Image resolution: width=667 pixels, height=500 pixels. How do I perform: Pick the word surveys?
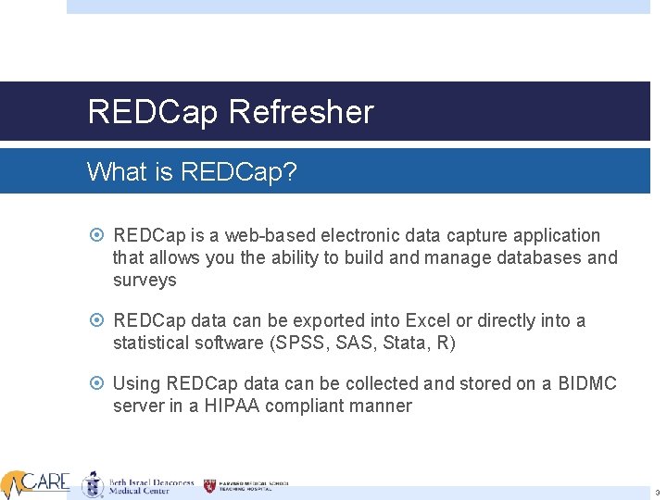point(145,280)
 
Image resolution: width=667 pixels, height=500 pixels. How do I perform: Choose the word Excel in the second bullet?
point(426,320)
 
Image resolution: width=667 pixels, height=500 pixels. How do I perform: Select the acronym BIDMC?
point(587,383)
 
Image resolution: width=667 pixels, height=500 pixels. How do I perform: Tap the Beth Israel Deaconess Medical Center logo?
point(139,484)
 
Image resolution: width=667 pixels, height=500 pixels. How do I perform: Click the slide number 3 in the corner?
point(656,493)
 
